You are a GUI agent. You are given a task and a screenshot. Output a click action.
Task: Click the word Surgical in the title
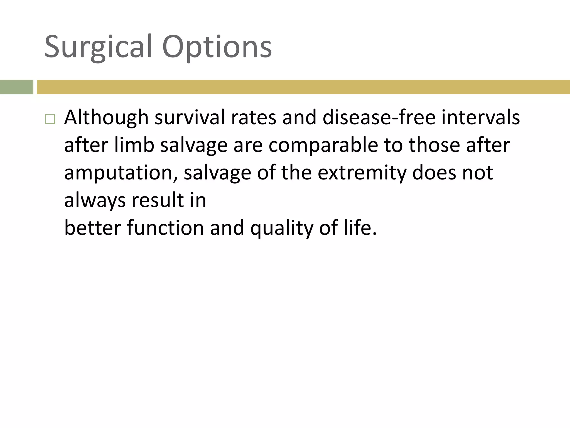coord(99,47)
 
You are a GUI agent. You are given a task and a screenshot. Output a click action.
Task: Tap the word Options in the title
coord(217,47)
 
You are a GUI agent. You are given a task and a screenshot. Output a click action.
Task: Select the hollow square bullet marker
coord(50,119)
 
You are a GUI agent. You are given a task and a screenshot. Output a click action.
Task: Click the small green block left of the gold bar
coord(16,87)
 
